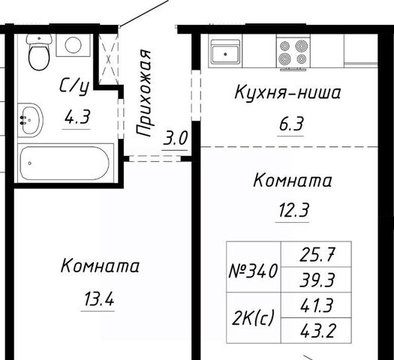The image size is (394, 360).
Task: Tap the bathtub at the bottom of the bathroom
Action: [x=65, y=163]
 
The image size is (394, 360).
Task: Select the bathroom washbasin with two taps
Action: [x=30, y=120]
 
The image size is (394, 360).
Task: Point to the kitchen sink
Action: [x=225, y=52]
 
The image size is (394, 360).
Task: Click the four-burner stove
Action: [x=293, y=52]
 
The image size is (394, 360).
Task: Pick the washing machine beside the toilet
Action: [x=73, y=45]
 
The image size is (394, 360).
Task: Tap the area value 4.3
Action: [x=77, y=118]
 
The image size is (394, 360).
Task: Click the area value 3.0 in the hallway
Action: [x=175, y=138]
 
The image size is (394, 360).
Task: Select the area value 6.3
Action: [x=291, y=124]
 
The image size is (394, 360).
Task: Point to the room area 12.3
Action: [x=293, y=210]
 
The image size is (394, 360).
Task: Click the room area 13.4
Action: [x=98, y=299]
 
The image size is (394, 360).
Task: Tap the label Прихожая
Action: [x=144, y=93]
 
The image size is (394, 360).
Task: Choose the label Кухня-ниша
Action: [x=287, y=92]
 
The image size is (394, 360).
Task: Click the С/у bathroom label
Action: [x=74, y=85]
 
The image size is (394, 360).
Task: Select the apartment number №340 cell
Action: [x=254, y=271]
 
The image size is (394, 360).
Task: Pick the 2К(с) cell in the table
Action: [x=253, y=318]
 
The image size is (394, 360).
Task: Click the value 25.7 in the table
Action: [x=317, y=254]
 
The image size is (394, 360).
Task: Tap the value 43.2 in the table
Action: [x=317, y=331]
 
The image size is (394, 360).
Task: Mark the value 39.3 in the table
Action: [x=317, y=280]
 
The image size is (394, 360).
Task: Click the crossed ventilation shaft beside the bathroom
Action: [x=108, y=60]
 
